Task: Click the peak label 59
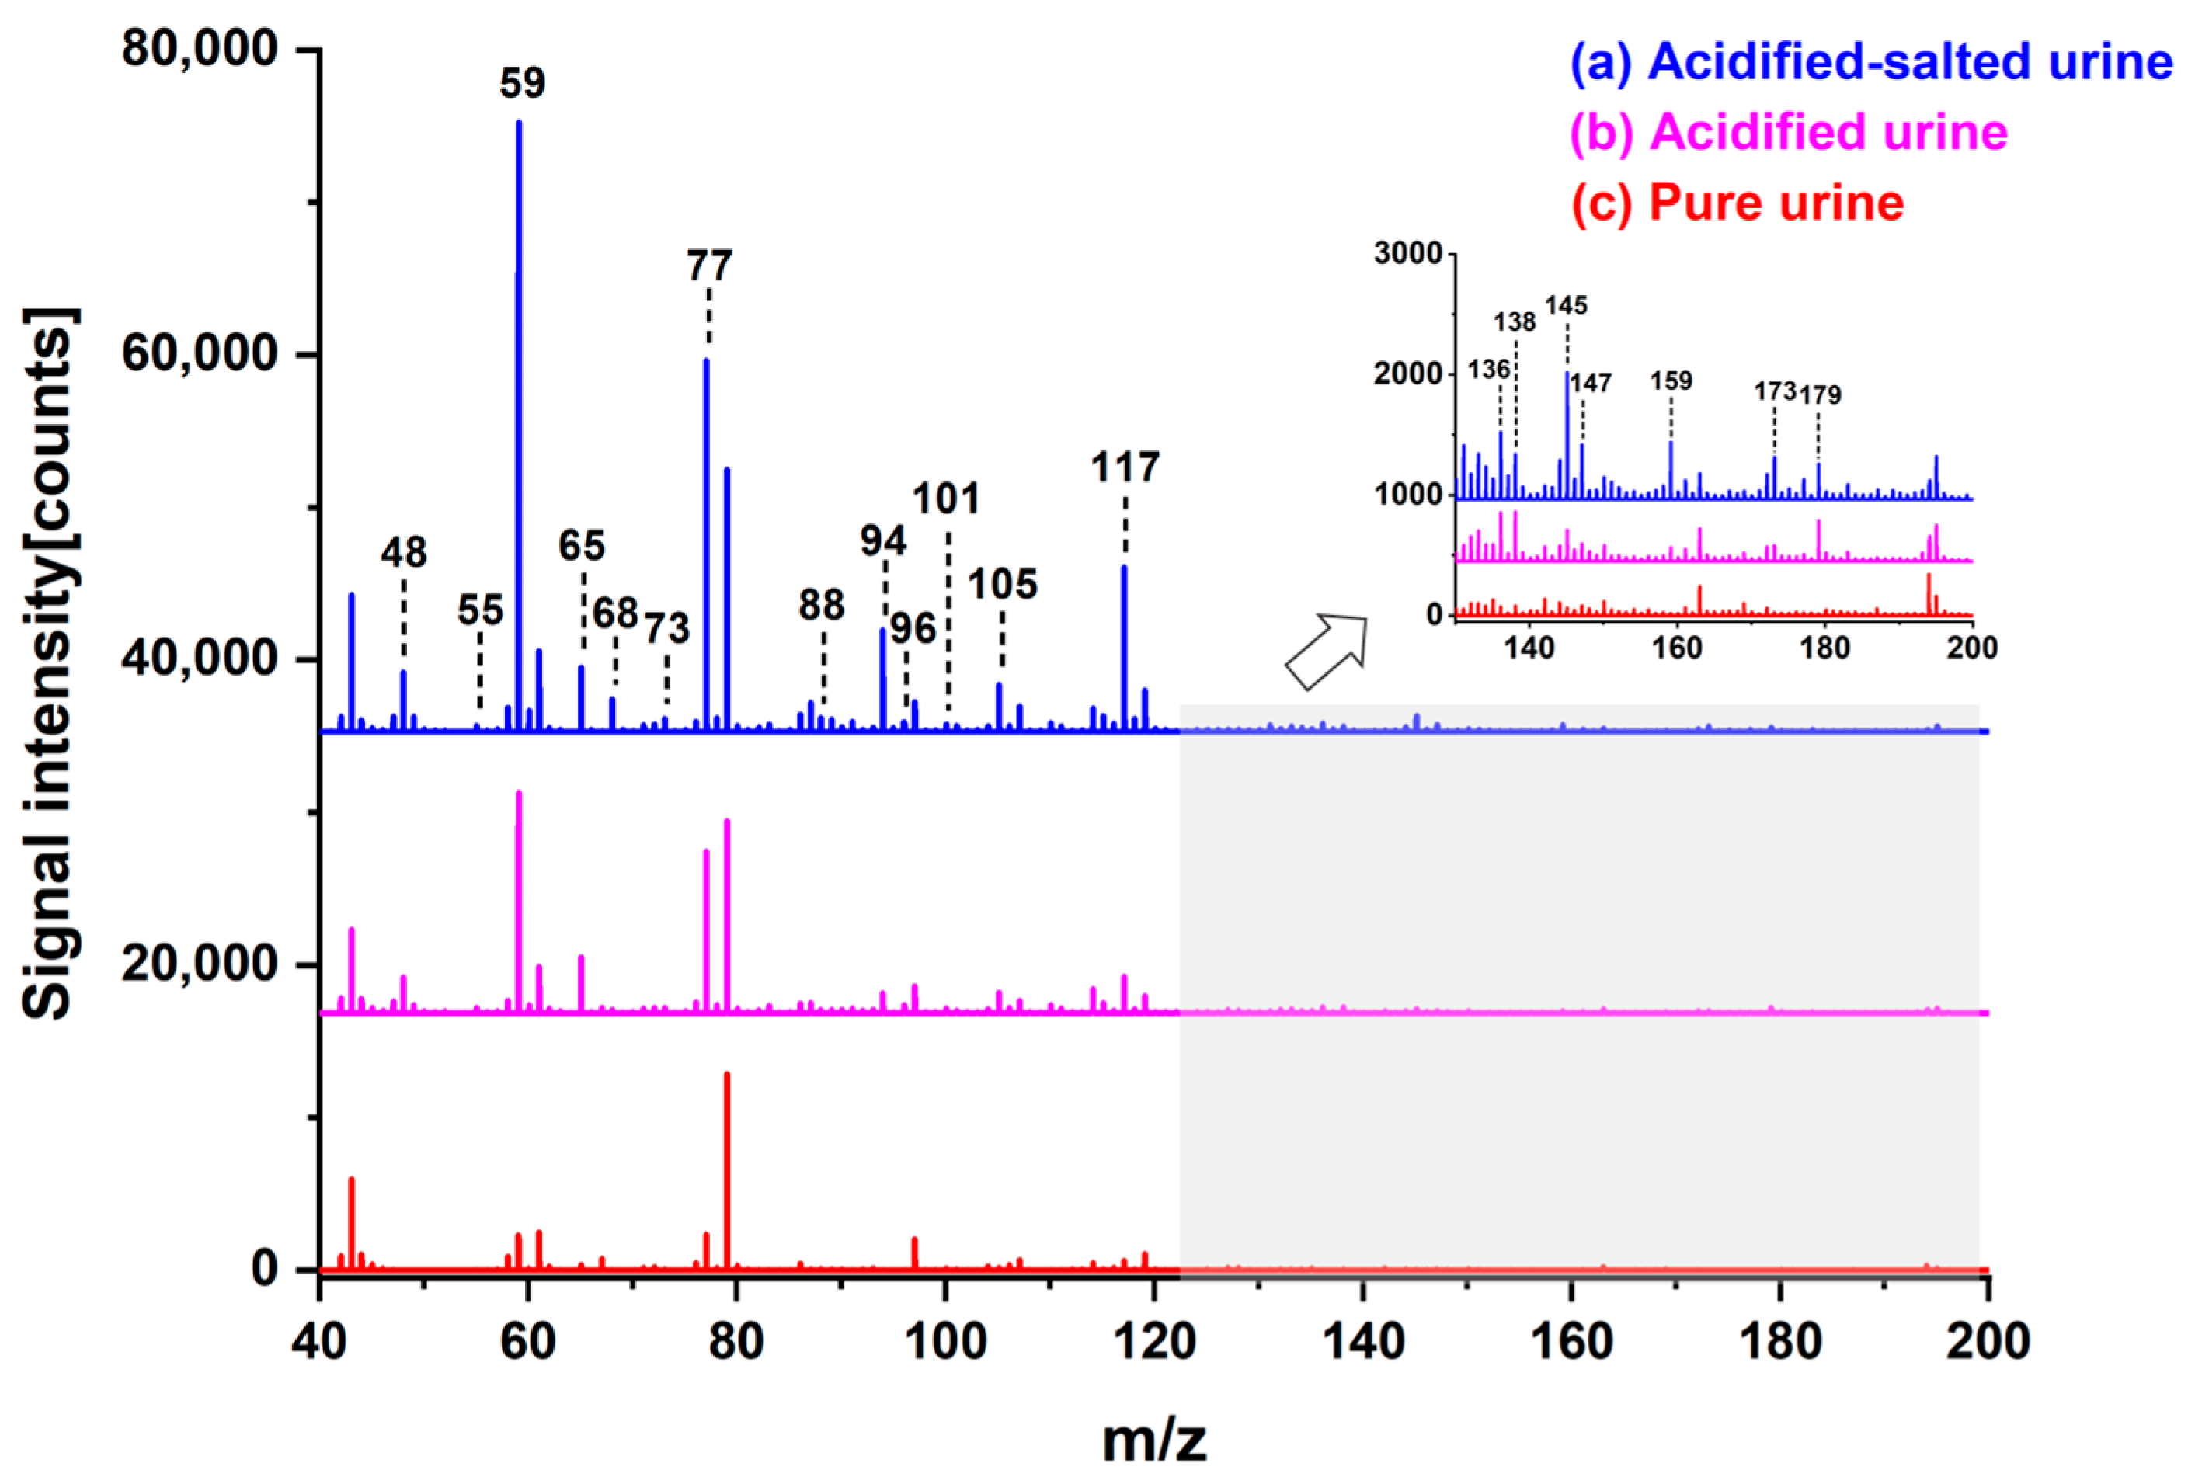pos(522,83)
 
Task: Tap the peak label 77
pos(709,266)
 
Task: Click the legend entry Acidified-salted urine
pos(1871,61)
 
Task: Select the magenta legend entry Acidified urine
pos(1789,132)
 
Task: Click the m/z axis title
pos(1153,1441)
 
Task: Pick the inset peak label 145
pos(1566,305)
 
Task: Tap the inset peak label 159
pos(1671,381)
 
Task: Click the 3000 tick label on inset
pos(1407,253)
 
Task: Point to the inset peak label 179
pos(1820,394)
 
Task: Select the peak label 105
pos(1002,585)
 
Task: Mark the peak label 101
pos(945,498)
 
